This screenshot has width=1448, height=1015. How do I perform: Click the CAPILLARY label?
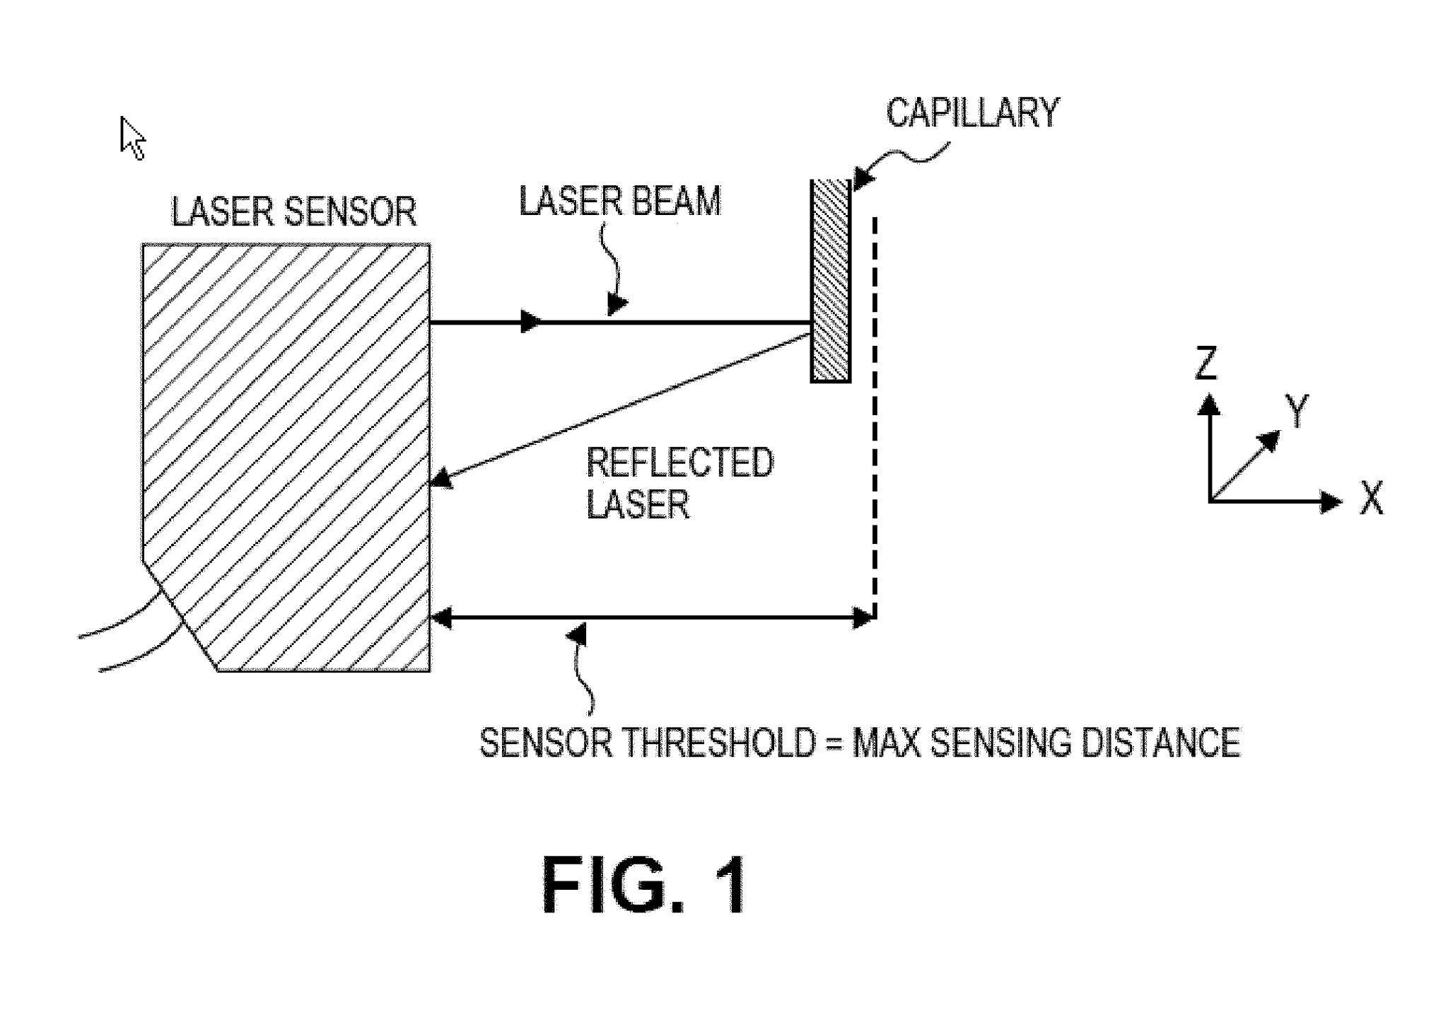point(972,114)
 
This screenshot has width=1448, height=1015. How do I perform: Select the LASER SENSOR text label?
point(293,212)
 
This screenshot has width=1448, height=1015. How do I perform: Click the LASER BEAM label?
point(620,202)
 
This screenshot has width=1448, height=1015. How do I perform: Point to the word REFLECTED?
point(679,463)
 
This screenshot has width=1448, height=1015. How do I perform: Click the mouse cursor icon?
point(132,138)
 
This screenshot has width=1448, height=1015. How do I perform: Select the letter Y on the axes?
point(1297,411)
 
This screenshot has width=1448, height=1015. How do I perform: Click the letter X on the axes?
point(1372,498)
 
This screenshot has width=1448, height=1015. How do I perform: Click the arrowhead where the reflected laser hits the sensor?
point(441,480)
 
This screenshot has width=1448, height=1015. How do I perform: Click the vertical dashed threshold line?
point(875,417)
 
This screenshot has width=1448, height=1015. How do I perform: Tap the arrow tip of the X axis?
point(1332,502)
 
